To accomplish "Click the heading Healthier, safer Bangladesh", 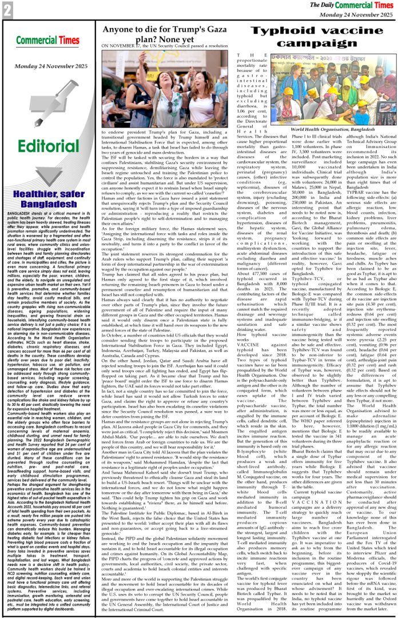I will (x=48, y=188).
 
